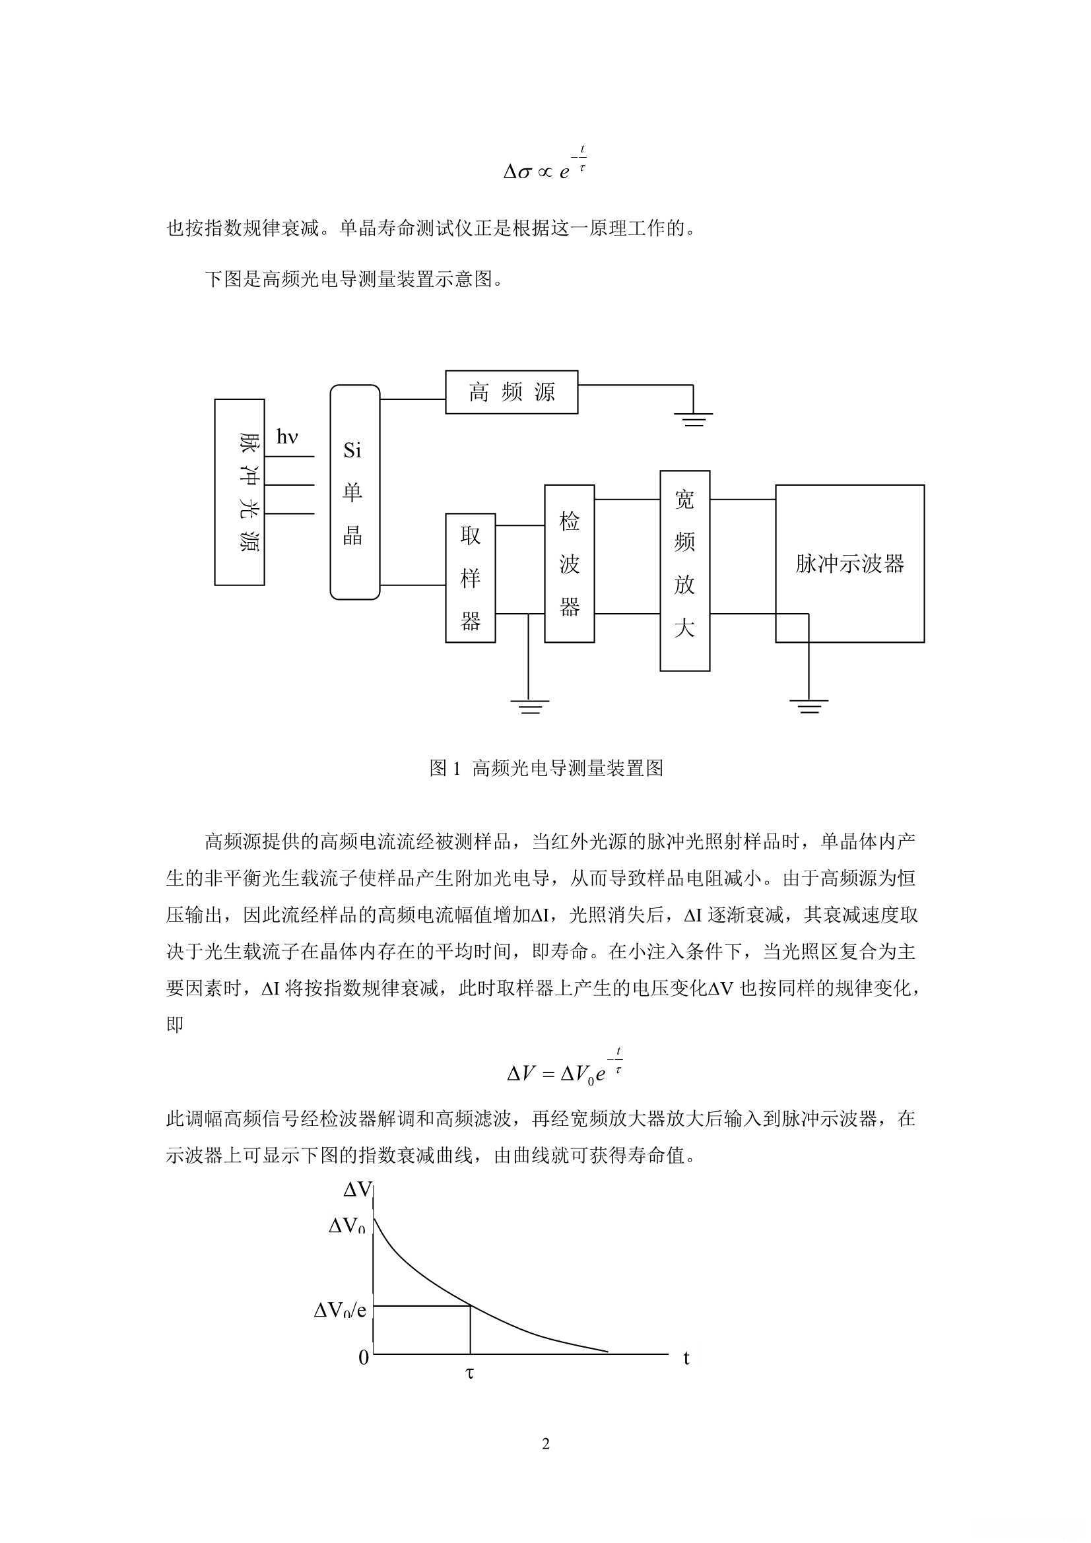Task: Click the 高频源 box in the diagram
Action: [x=512, y=392]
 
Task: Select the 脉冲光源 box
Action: [x=240, y=492]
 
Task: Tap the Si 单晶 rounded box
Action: [x=354, y=492]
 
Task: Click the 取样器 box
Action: [x=471, y=578]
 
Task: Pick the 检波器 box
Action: [x=570, y=563]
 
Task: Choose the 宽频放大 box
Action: [x=684, y=571]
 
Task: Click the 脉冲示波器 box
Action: [x=849, y=563]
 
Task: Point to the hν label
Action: [x=287, y=438]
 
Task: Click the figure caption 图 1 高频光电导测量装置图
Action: [x=546, y=768]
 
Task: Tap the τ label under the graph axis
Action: [x=469, y=1373]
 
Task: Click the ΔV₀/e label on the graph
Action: [x=340, y=1311]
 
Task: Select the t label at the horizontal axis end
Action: [x=686, y=1358]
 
